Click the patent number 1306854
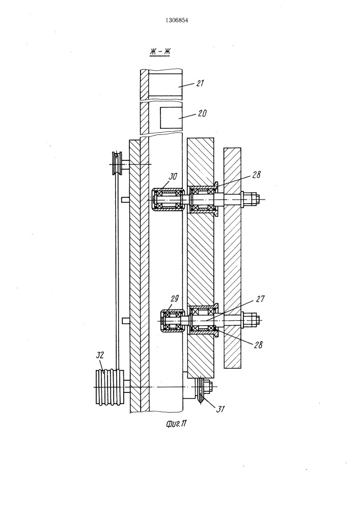[177, 20]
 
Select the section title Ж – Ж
[160, 51]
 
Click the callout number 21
[200, 83]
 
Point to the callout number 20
[202, 114]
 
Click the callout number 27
[260, 299]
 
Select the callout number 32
[100, 355]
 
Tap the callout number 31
[220, 409]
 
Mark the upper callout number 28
[256, 175]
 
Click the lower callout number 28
[258, 345]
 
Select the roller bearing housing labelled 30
[168, 200]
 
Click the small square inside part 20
[168, 117]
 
